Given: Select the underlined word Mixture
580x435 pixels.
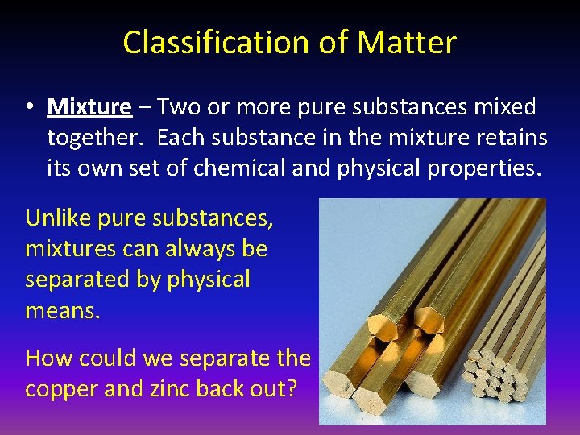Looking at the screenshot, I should click(89, 107).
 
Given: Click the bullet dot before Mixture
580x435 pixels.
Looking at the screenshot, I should click(30, 108).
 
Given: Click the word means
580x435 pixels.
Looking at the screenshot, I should click(62, 310).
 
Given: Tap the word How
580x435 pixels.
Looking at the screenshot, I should click(48, 357).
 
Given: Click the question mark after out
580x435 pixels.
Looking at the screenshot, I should click(291, 388).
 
